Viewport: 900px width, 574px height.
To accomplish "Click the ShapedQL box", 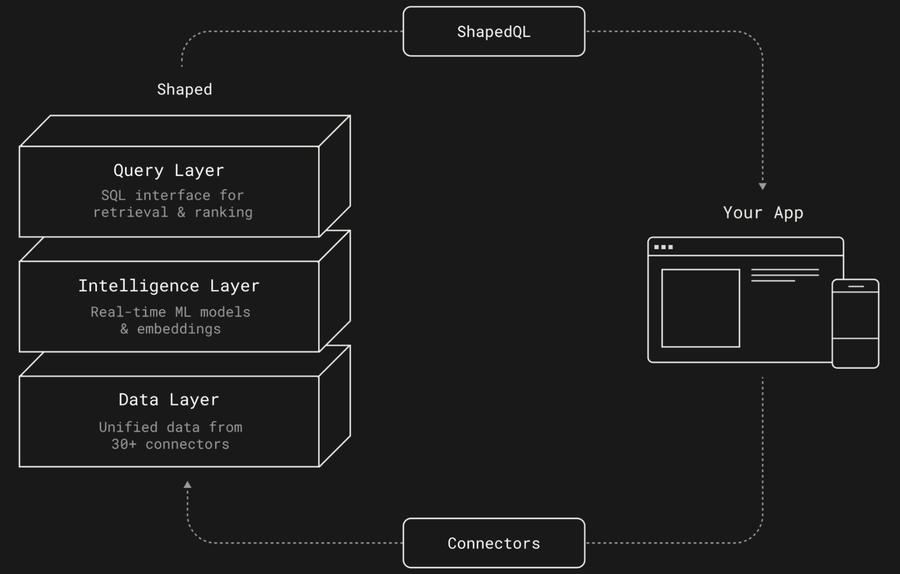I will click(x=494, y=32).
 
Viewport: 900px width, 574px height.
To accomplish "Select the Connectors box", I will click(x=494, y=543).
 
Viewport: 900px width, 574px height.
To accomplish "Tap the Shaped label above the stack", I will click(x=184, y=90).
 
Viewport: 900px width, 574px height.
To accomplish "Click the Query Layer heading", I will click(x=169, y=170).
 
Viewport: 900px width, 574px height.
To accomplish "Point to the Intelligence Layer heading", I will click(x=169, y=286).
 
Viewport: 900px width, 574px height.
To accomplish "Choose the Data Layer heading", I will click(x=169, y=400).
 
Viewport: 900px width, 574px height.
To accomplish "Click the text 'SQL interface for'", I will click(x=173, y=195).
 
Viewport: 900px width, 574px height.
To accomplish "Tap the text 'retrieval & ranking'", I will click(x=173, y=212).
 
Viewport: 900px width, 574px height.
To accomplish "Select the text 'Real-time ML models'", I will click(x=170, y=312).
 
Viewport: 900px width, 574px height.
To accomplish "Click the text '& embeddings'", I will click(x=170, y=329).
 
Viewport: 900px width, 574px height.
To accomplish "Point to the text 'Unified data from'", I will click(x=170, y=427).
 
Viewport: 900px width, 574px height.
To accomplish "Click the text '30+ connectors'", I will click(x=170, y=444).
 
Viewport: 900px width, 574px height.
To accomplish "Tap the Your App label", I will click(x=763, y=213).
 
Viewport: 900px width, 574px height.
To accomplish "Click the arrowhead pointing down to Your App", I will click(x=762, y=186).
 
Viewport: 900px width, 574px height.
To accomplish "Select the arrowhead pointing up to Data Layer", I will click(x=187, y=485).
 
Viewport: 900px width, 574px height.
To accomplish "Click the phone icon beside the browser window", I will click(x=855, y=324).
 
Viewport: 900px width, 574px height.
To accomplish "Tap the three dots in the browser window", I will click(x=663, y=247).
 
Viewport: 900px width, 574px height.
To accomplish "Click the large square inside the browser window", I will click(x=700, y=308).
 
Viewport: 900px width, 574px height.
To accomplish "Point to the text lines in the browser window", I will click(x=785, y=275).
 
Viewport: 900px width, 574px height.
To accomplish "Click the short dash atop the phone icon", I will click(x=856, y=286).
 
